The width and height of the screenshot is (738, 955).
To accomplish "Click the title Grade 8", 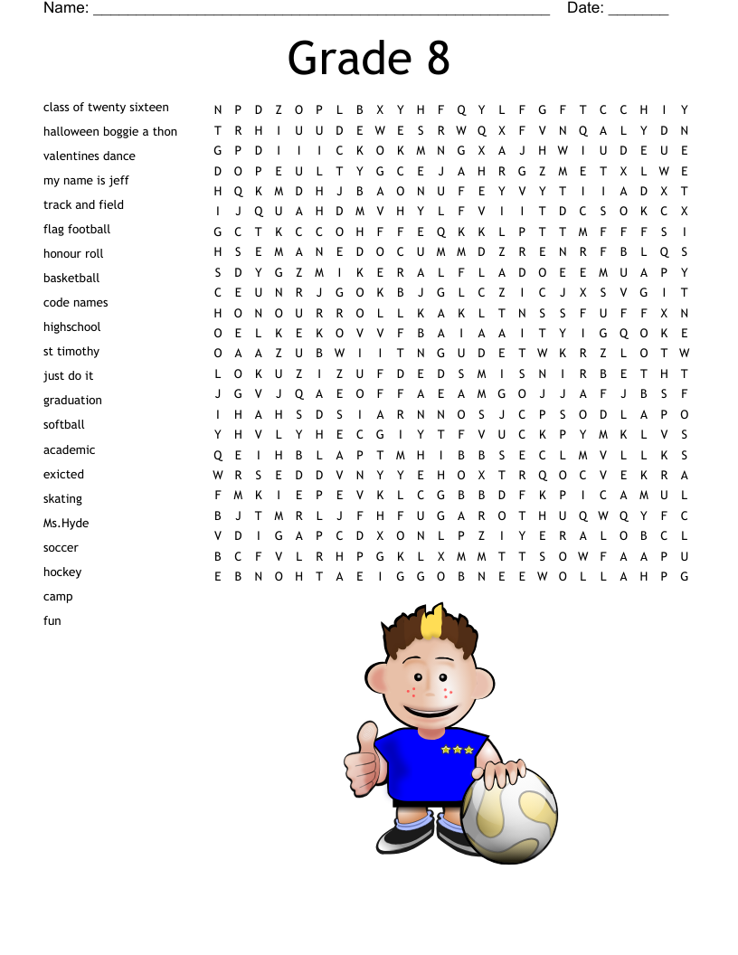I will (x=368, y=58).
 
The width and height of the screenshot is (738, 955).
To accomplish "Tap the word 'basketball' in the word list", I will (x=71, y=278).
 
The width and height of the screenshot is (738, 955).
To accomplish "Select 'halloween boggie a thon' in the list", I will (x=110, y=131).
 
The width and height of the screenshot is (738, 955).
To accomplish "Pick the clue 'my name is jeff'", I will (x=86, y=180).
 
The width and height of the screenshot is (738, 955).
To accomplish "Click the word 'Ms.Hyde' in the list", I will (x=66, y=523).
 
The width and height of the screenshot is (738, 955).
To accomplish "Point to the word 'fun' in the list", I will (x=52, y=620).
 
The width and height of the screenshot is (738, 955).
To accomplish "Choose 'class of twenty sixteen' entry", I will (x=106, y=107).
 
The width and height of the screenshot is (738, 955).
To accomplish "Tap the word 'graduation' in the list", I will (x=72, y=400).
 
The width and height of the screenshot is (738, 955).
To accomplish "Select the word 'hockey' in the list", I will (x=62, y=572).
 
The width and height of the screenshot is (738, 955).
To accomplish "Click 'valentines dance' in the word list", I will (x=90, y=156).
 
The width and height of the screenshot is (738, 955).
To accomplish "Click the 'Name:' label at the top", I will (x=66, y=8).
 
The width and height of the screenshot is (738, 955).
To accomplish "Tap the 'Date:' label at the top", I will (x=585, y=8).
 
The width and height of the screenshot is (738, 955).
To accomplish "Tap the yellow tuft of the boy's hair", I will (x=433, y=623).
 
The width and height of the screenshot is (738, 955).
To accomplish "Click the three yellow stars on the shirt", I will (x=458, y=750).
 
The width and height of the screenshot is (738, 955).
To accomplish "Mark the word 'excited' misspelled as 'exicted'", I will (x=63, y=474).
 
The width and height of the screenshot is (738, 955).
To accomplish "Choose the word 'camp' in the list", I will (x=58, y=596).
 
